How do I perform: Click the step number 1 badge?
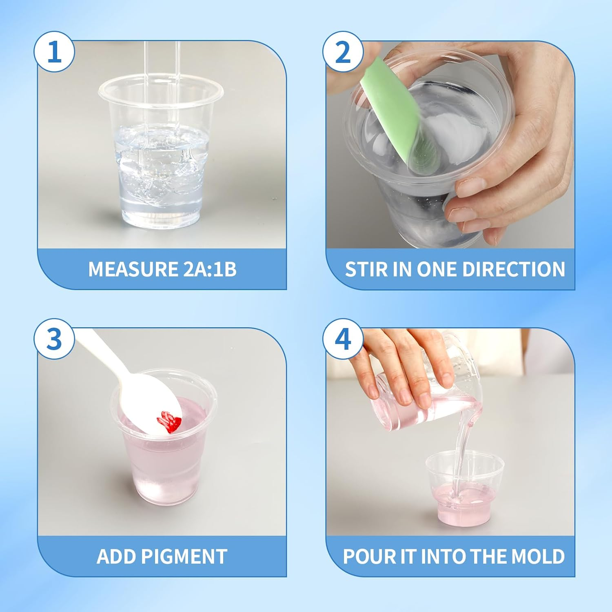pos(54,53)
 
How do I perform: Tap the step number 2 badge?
pos(343,53)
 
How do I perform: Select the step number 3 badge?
pos(54,339)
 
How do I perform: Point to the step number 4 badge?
pos(343,339)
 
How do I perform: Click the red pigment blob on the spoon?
pos(168,422)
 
